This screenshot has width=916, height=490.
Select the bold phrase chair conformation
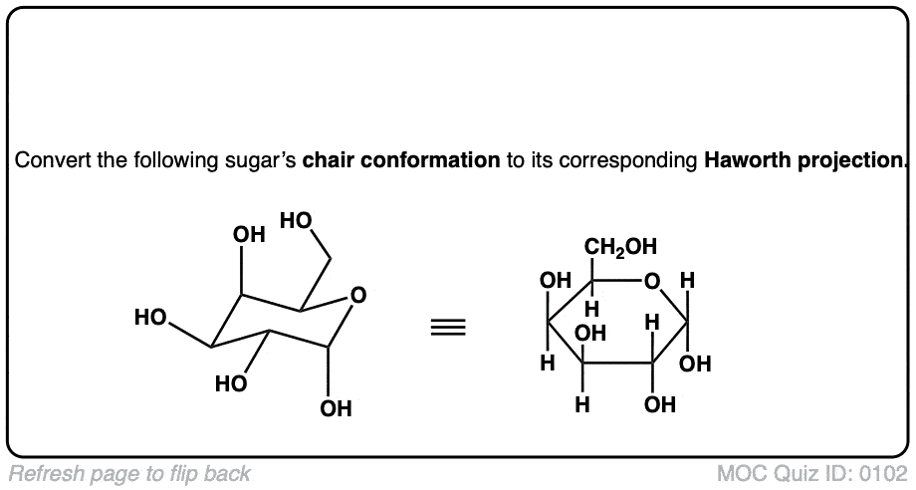coord(401,160)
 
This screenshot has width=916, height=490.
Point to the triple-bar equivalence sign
coord(447,328)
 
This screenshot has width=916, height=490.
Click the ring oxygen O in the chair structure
coord(358,295)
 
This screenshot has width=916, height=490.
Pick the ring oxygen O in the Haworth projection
coord(651,283)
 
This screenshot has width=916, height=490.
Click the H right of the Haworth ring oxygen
coord(686,282)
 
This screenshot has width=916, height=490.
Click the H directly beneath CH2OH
coord(591,310)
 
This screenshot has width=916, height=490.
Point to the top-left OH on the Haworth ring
coord(556,282)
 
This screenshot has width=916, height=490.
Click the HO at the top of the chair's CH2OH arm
coord(297,219)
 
